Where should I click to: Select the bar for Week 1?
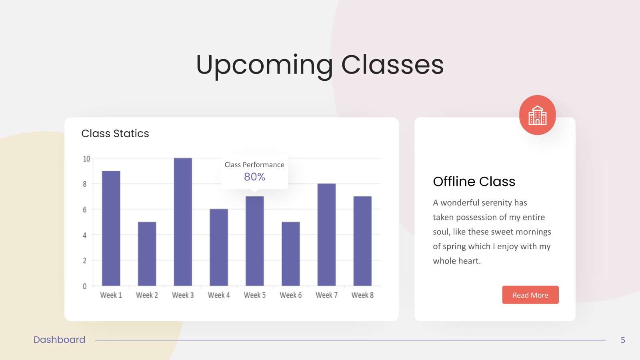point(111,228)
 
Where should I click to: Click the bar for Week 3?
point(183,222)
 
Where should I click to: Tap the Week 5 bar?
point(255,241)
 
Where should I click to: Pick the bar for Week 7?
point(326,234)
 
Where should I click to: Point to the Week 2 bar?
point(147,254)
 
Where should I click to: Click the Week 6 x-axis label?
point(290,295)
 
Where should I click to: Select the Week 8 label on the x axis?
point(362,295)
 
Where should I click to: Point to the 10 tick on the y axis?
point(86,159)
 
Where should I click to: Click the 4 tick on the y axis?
point(84,236)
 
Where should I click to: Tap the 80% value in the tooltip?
point(254,177)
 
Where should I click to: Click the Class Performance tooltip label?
point(254,165)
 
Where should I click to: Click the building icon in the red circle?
point(538,115)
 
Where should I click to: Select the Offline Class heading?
point(474,182)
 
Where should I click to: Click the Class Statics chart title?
point(115,134)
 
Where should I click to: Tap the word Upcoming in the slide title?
point(264,66)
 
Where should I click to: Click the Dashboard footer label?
point(60,340)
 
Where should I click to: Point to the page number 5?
point(623,340)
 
